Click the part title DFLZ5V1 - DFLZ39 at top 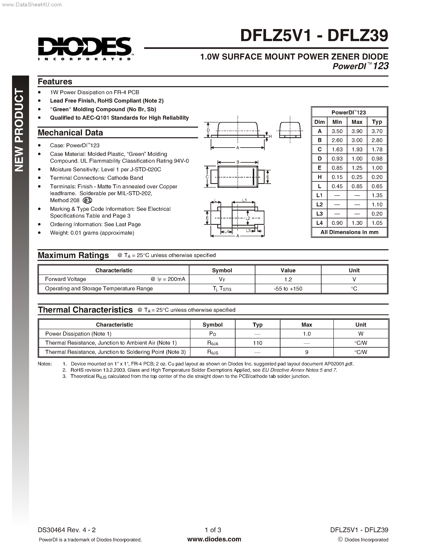[x=314, y=36]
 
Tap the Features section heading [x=55, y=82]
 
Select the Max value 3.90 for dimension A [x=357, y=131]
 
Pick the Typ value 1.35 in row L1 [x=377, y=196]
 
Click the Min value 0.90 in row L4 [x=337, y=223]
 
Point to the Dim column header [x=320, y=122]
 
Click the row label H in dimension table [x=320, y=177]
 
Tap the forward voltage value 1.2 [x=288, y=280]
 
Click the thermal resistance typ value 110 [x=257, y=343]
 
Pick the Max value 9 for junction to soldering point [x=307, y=352]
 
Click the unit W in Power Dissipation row [x=361, y=334]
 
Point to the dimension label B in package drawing [x=238, y=162]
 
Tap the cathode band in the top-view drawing [x=253, y=177]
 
